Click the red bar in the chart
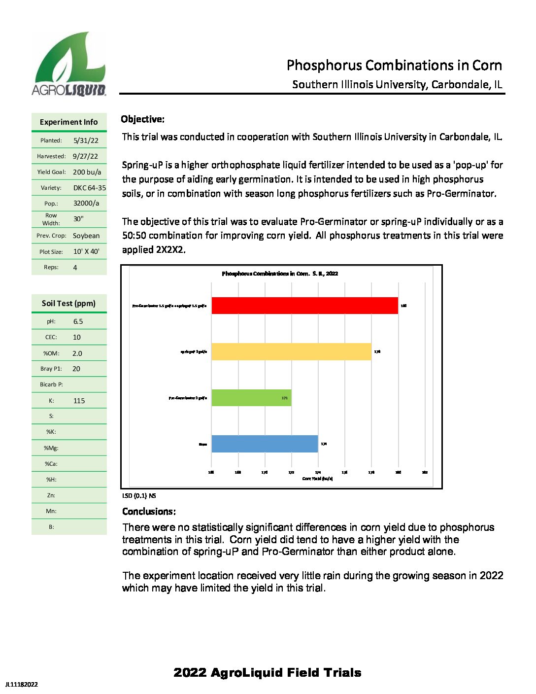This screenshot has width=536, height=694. tap(304, 306)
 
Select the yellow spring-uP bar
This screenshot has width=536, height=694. tap(291, 351)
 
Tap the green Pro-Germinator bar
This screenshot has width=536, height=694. tap(251, 398)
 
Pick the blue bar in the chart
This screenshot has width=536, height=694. tap(265, 444)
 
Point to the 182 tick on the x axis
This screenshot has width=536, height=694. tap(425, 472)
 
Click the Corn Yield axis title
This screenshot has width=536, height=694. tap(317, 479)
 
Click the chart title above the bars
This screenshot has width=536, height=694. tap(280, 274)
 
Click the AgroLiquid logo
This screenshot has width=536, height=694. tap(69, 64)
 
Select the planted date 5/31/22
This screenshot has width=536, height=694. tap(86, 140)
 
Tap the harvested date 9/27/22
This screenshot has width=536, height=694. tap(85, 156)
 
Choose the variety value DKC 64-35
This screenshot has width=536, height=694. tap(89, 188)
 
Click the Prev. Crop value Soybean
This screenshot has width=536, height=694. tap(86, 236)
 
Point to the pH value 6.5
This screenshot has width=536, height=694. tap(78, 321)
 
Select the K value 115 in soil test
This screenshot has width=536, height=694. tap(79, 401)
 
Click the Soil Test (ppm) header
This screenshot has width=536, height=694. tap(68, 304)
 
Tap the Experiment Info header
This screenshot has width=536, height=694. tap(68, 122)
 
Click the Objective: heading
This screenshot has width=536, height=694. tap(143, 119)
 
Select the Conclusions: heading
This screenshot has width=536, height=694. tap(149, 512)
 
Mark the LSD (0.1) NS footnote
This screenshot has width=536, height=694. tap(139, 496)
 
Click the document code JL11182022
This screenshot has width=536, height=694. tap(21, 684)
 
